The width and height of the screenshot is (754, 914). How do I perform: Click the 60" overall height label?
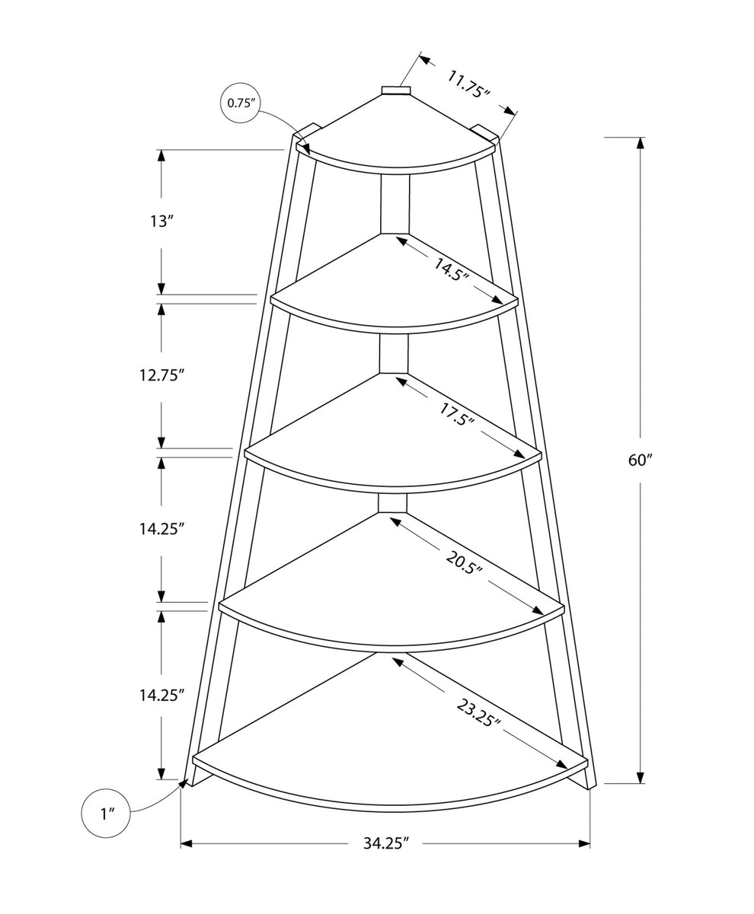pyautogui.click(x=640, y=460)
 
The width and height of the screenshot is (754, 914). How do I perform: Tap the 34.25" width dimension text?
pyautogui.click(x=385, y=842)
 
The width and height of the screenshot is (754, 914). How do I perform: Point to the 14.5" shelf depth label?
pyautogui.click(x=452, y=270)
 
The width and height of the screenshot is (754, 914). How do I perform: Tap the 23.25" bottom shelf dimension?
pyautogui.click(x=478, y=713)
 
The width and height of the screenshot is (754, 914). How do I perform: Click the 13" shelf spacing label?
pyautogui.click(x=159, y=221)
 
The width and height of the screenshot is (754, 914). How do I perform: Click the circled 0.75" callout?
pyautogui.click(x=241, y=103)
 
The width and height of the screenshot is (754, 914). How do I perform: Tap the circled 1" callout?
pyautogui.click(x=106, y=814)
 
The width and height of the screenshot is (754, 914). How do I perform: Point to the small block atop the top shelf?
pyautogui.click(x=395, y=90)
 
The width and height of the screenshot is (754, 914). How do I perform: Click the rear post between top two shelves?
pyautogui.click(x=395, y=205)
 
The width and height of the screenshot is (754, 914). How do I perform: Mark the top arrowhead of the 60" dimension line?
pyautogui.click(x=640, y=143)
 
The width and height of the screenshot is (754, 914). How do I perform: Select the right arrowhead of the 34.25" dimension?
pyautogui.click(x=584, y=843)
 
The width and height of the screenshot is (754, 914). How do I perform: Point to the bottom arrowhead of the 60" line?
pyautogui.click(x=640, y=777)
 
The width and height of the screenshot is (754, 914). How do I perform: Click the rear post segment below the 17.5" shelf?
pyautogui.click(x=392, y=503)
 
